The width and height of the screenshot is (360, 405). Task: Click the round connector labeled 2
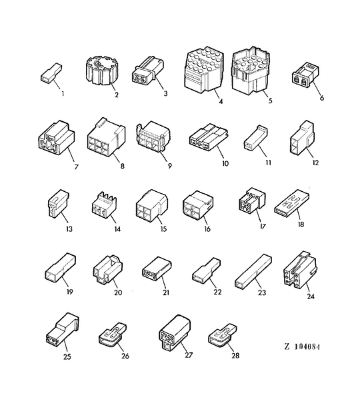100,71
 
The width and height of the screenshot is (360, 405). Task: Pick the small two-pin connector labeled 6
305,74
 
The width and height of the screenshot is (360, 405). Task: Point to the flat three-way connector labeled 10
209,137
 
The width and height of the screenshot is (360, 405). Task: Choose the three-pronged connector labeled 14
104,204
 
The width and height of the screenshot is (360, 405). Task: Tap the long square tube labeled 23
253,271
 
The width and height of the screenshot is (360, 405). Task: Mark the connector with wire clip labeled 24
300,270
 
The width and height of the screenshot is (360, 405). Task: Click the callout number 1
63,93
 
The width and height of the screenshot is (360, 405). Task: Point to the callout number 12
315,163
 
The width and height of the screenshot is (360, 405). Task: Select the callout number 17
263,226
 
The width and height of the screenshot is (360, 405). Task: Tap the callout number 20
118,292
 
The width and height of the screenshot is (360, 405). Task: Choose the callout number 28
235,356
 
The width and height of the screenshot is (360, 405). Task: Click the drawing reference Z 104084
302,346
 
